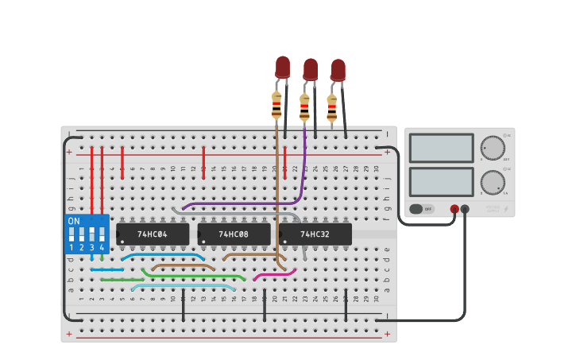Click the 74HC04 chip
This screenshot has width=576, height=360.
tap(153, 234)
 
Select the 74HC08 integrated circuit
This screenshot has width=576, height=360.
tap(234, 234)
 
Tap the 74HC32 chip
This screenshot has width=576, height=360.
tap(315, 234)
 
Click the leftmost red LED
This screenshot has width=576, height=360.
tap(283, 67)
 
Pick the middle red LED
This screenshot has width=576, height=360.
tap(310, 69)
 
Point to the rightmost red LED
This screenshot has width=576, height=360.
tap(338, 69)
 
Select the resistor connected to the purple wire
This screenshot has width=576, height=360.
tap(304, 107)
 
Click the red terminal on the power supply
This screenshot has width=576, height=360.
tap(454, 209)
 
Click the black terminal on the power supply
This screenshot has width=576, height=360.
tap(465, 209)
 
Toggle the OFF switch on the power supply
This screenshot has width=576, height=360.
tap(422, 209)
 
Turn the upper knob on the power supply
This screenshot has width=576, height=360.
tap(493, 148)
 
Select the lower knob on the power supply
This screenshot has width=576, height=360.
tap(493, 182)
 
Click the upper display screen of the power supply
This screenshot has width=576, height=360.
tap(441, 148)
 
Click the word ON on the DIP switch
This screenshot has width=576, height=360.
tap(74, 221)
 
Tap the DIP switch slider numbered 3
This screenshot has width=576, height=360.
tap(91, 234)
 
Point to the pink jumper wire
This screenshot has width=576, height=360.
tap(275, 273)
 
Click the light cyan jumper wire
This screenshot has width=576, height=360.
tap(183, 286)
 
